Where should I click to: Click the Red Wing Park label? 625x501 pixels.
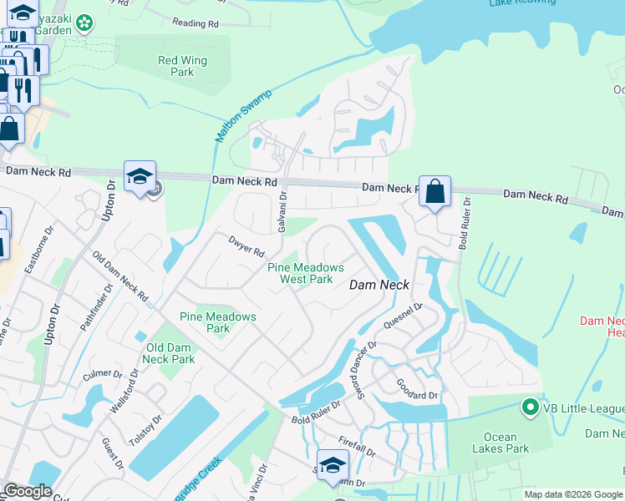click(176, 66)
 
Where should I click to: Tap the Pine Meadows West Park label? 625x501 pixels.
click(306, 273)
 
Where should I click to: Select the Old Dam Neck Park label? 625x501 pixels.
click(170, 353)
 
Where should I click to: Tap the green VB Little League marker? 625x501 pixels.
click(529, 407)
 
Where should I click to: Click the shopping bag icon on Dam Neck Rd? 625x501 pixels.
click(434, 192)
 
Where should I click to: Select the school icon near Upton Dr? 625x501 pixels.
click(140, 177)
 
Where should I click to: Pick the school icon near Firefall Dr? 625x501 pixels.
click(332, 466)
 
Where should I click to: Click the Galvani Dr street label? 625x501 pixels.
click(282, 212)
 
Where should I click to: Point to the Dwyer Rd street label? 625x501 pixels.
click(246, 246)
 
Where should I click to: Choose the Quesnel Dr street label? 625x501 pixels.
click(404, 316)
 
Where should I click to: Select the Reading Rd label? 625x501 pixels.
click(195, 23)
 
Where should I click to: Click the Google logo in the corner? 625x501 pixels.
click(28, 491)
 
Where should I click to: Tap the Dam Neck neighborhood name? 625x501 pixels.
click(379, 285)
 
